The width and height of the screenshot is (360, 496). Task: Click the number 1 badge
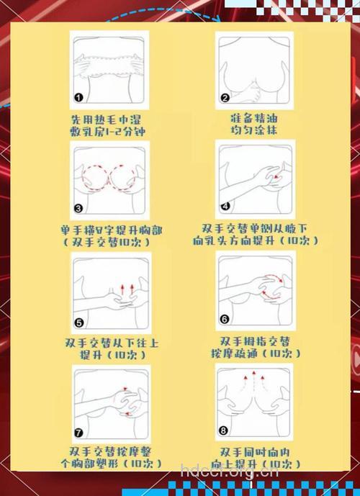pyautogui.click(x=78, y=97)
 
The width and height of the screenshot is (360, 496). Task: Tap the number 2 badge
pyautogui.click(x=225, y=98)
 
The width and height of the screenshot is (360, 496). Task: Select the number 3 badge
pyautogui.click(x=79, y=209)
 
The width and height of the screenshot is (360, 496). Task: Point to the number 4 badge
pyautogui.click(x=225, y=206)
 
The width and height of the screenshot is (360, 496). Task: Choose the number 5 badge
pyautogui.click(x=79, y=323)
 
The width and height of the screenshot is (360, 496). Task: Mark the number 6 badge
pyautogui.click(x=225, y=318)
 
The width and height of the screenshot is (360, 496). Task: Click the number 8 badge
pyautogui.click(x=225, y=430)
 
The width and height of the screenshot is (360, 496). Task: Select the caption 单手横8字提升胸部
pyautogui.click(x=112, y=230)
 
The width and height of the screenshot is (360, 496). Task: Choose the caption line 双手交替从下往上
pyautogui.click(x=111, y=343)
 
